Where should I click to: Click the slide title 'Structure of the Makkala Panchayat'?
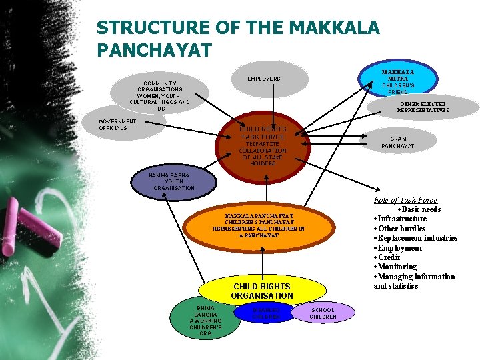pyautogui.click(x=237, y=38)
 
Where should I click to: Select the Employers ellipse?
pyautogui.click(x=264, y=79)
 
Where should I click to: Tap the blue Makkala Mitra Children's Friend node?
pyautogui.click(x=397, y=80)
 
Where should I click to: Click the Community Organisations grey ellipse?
pyautogui.click(x=160, y=95)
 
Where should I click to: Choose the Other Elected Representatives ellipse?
pyautogui.click(x=424, y=107)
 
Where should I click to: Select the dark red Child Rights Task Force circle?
pyautogui.click(x=263, y=145)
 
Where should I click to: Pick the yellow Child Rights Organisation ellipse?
pyautogui.click(x=262, y=290)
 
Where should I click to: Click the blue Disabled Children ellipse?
pyautogui.click(x=265, y=312)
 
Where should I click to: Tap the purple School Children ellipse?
pyautogui.click(x=323, y=313)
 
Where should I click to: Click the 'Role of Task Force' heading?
pyautogui.click(x=405, y=199)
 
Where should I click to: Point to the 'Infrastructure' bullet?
pyautogui.click(x=402, y=219)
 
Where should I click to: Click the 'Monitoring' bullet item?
pyautogui.click(x=397, y=267)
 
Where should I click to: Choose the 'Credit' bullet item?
pyautogui.click(x=389, y=257)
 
